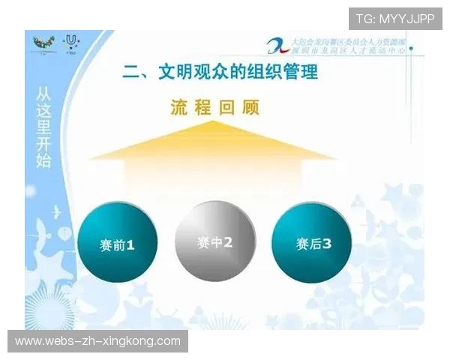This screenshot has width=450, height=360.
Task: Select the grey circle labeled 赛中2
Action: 214,241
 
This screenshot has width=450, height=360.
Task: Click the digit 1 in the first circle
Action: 130,244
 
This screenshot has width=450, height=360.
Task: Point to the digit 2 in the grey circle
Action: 228,243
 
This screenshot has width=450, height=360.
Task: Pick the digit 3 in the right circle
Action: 326,244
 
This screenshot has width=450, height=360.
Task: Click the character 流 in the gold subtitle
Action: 179,108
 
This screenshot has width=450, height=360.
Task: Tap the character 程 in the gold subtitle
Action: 205,108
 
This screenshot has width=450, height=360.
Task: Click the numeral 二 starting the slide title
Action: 130,72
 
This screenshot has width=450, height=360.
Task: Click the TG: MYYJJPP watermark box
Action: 395,19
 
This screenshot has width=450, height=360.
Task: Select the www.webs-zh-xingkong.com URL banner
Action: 98,341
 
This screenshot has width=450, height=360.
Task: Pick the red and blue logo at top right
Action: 277,44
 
